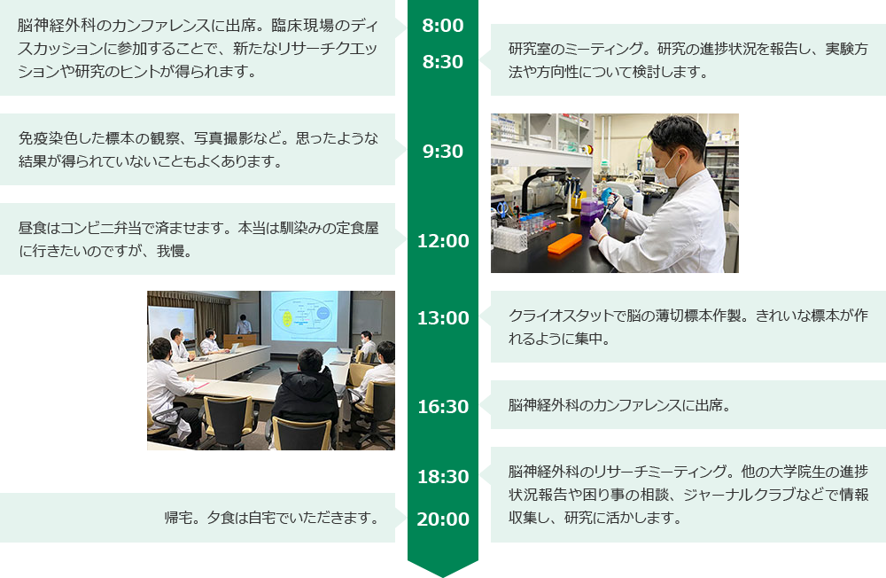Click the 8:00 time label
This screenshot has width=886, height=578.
(442, 26)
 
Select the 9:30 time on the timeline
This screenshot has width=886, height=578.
(442, 152)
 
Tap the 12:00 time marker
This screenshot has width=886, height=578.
(443, 241)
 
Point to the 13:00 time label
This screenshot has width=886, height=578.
(443, 318)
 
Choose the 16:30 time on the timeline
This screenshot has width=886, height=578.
(443, 407)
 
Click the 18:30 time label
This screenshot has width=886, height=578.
(443, 477)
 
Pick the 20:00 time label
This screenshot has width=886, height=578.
(443, 519)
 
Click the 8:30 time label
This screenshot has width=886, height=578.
(442, 62)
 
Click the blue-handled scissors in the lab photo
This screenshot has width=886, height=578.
(501, 209)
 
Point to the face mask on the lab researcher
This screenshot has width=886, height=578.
(668, 169)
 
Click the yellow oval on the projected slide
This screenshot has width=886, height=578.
(287, 318)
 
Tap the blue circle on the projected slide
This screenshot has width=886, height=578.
(323, 313)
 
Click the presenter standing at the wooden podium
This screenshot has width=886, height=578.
(244, 324)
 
